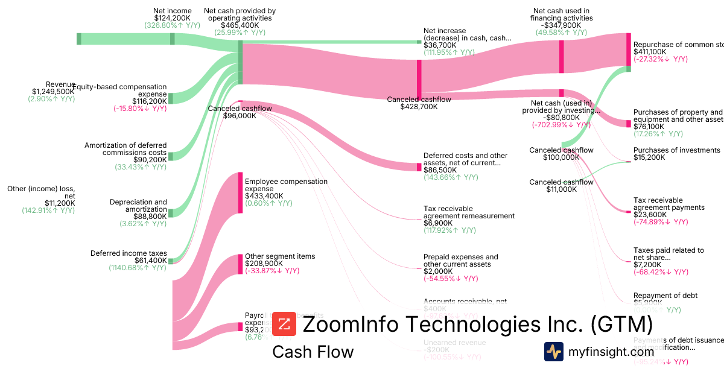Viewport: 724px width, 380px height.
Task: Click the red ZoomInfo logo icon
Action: (284, 324)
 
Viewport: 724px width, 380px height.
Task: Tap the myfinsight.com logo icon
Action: (554, 352)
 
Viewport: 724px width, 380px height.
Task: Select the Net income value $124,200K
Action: (172, 18)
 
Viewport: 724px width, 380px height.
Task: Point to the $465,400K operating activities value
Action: (240, 25)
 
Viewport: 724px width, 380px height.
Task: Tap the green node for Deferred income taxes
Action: (171, 261)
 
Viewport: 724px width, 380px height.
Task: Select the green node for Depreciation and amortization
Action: (171, 213)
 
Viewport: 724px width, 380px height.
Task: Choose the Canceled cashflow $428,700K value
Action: (419, 107)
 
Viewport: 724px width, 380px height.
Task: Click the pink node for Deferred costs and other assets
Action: (419, 166)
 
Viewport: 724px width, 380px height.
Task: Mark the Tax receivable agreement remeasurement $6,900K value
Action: (437, 223)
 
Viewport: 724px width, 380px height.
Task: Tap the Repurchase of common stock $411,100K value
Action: (650, 52)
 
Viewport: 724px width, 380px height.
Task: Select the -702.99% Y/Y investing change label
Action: (561, 125)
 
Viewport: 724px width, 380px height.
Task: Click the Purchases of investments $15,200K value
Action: (649, 157)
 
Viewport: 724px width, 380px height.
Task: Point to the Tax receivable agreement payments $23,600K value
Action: (649, 215)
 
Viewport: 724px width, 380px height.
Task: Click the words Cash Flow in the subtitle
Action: (313, 352)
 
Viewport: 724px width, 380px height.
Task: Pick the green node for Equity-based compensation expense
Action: (171, 98)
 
